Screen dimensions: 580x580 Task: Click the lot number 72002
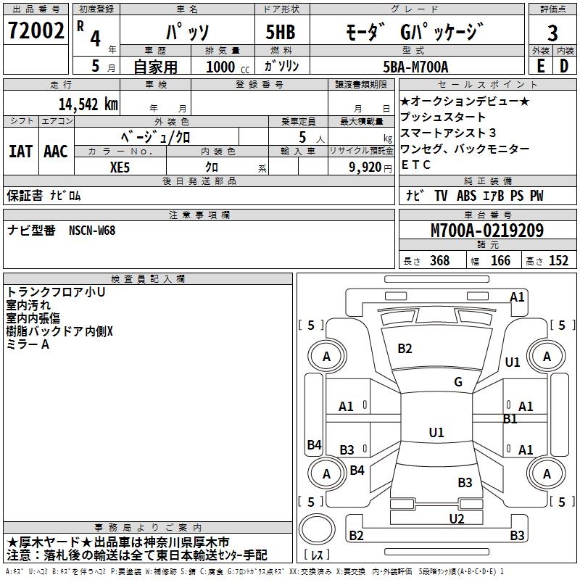[35, 31]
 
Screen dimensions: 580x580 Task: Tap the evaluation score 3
[552, 33]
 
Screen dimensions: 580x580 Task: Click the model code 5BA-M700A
[415, 67]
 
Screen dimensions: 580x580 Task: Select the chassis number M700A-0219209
[487, 231]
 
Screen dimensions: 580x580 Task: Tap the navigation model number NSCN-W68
[92, 231]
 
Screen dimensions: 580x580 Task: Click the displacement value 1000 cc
[222, 67]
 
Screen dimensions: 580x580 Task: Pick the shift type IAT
[20, 152]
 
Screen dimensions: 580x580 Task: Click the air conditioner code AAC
[56, 152]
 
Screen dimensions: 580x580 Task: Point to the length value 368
[439, 261]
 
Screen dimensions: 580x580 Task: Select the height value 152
[558, 261]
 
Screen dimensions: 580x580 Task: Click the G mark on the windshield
[458, 382]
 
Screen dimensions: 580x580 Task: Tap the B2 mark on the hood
[405, 349]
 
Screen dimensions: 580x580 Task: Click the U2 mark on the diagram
[456, 518]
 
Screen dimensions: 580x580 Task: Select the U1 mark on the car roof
[436, 433]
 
